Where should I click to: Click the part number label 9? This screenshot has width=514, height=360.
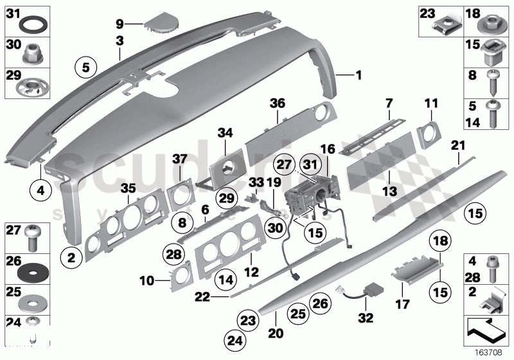[120, 24]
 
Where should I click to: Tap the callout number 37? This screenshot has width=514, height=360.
[180, 159]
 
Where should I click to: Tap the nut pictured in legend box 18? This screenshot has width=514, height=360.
[491, 26]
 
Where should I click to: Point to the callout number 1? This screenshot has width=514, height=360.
[358, 75]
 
